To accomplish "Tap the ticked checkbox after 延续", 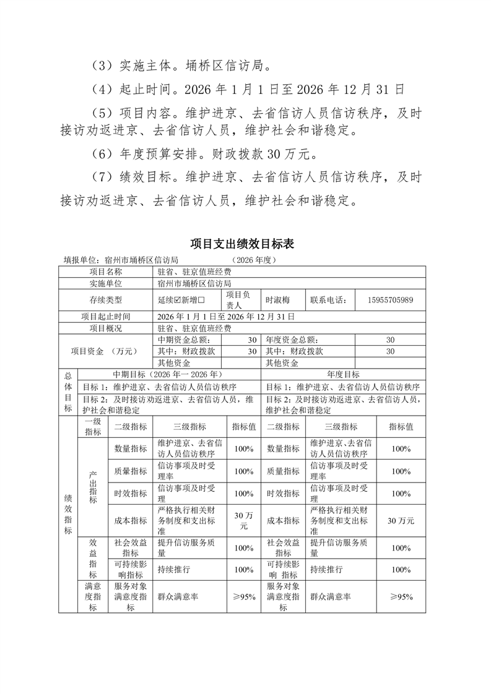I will (179, 300).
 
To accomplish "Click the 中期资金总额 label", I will (185, 340).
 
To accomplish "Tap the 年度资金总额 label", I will (291, 340).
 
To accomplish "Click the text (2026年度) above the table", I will (254, 260).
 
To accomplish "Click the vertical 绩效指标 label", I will (67, 513).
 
